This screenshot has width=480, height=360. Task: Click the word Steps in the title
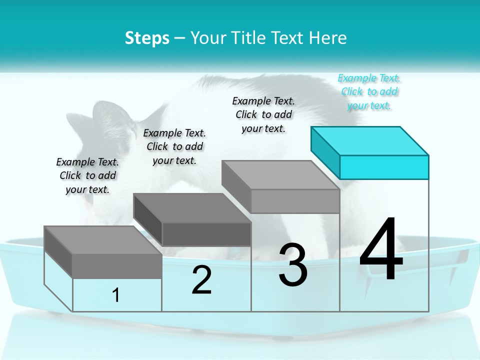[x=147, y=38]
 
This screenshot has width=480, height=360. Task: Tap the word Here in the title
[x=328, y=38]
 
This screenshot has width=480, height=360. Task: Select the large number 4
[x=381, y=250]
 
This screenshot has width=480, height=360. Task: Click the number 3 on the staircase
[x=293, y=265]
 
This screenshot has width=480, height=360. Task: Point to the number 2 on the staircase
[x=201, y=280]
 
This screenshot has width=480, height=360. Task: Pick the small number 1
[x=116, y=295]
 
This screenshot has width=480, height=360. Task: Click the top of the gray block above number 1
[x=102, y=240]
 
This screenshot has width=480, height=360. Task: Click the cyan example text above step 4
[x=369, y=91]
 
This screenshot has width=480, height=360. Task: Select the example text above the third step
[x=263, y=114]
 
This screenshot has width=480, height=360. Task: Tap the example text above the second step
[x=174, y=146]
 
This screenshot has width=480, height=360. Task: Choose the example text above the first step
[x=87, y=175]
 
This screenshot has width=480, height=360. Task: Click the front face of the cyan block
[x=384, y=167]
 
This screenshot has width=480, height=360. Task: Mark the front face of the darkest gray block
[x=206, y=234]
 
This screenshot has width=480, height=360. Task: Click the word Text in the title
[x=289, y=38]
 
